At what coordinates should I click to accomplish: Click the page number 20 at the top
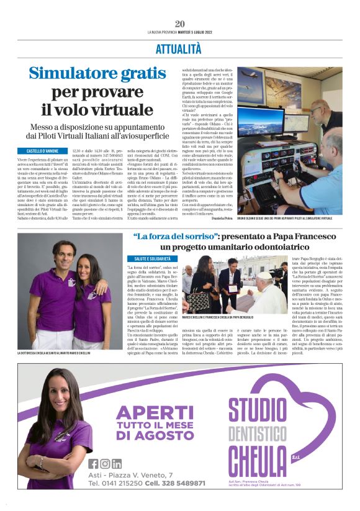click(x=180, y=24)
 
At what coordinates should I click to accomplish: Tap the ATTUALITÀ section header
click(x=179, y=47)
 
